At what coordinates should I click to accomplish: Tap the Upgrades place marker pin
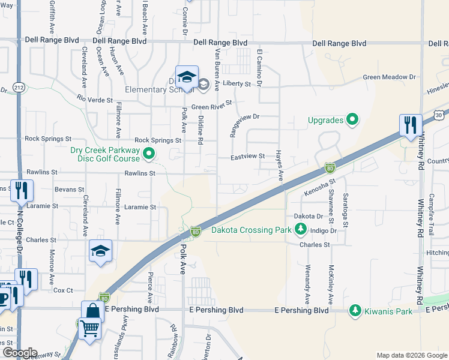[x=352, y=120]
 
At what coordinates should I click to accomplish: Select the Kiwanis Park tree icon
[x=355, y=310]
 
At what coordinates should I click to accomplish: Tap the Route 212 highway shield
[x=19, y=88]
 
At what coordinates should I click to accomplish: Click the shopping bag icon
[x=93, y=311]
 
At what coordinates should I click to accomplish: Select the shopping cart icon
[x=89, y=328]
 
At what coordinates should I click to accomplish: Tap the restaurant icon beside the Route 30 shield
[x=411, y=125]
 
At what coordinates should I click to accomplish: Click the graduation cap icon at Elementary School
[x=187, y=77]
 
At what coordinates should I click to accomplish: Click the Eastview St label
[x=249, y=157]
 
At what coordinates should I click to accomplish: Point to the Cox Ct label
[x=63, y=290]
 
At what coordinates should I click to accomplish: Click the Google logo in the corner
[x=20, y=353]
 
